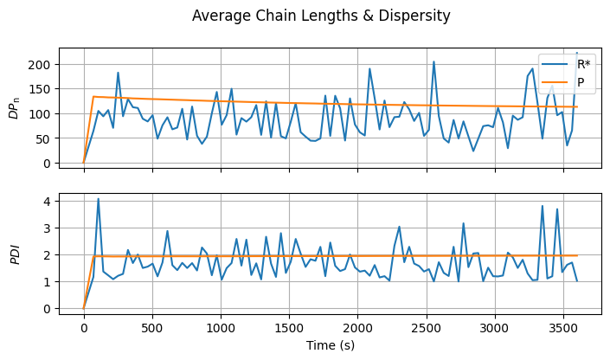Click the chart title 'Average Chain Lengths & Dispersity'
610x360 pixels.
(321, 16)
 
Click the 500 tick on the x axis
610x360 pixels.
(152, 328)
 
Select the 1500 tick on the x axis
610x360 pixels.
(289, 328)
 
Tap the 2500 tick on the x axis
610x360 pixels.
(427, 328)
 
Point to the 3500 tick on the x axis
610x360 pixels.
(563, 328)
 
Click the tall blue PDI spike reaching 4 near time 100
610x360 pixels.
(98, 199)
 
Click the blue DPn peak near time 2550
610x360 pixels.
(433, 61)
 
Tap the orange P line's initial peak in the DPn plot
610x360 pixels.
(93, 97)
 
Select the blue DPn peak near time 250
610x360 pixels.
(118, 73)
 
